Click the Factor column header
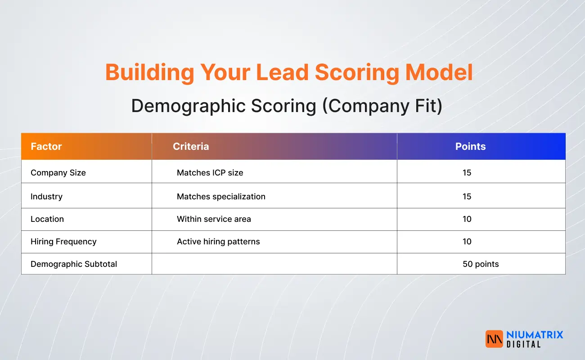(46, 146)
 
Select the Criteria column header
(191, 146)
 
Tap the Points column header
(470, 146)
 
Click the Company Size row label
(58, 172)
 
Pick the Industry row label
(46, 196)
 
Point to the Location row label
(47, 219)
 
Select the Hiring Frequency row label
(63, 242)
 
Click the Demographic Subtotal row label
(74, 264)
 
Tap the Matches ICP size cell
(210, 172)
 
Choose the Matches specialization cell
(221, 196)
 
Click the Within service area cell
(214, 219)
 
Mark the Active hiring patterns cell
(218, 242)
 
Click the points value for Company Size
(467, 172)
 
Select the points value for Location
(467, 219)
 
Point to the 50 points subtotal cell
(481, 264)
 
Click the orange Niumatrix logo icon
(494, 339)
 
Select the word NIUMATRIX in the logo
(535, 334)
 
